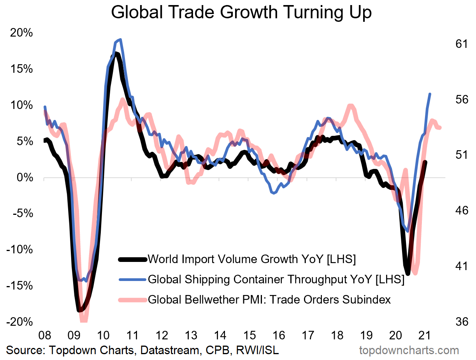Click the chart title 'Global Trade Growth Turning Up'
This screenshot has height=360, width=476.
pyautogui.click(x=241, y=12)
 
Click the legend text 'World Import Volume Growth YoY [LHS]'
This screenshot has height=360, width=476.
pyautogui.click(x=252, y=259)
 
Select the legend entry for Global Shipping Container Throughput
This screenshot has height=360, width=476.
pyautogui.click(x=276, y=279)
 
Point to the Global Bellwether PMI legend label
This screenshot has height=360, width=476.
pyautogui.click(x=269, y=300)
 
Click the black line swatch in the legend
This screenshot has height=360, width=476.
pyautogui.click(x=132, y=259)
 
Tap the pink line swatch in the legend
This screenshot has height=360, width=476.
pyautogui.click(x=132, y=300)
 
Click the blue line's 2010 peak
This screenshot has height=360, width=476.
pyautogui.click(x=120, y=39)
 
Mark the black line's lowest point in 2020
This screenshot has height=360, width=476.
pyautogui.click(x=407, y=274)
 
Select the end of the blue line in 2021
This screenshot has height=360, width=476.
pyautogui.click(x=430, y=94)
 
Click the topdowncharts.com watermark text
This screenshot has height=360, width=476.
pyautogui.click(x=408, y=350)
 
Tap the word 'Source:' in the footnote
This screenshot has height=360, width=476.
pyautogui.click(x=25, y=350)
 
